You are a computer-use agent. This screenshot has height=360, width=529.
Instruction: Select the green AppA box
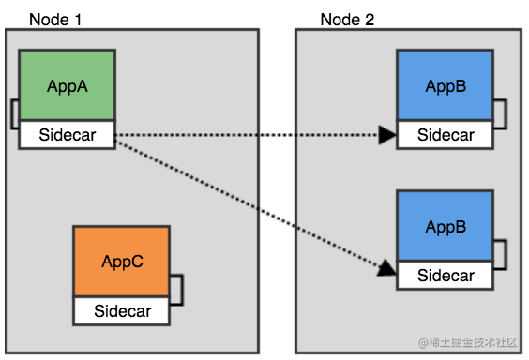[67, 85]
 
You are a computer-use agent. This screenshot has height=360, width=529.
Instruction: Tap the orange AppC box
[122, 262]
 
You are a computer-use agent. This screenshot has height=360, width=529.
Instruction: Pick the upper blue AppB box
[445, 86]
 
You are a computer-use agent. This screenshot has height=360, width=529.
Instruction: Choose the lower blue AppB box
[445, 227]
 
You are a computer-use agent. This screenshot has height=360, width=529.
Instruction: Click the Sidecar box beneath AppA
[67, 135]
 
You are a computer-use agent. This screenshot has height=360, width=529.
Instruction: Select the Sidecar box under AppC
[122, 310]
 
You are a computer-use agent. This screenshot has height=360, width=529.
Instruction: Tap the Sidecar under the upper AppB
[445, 135]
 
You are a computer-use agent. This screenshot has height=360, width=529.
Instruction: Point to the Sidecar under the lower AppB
[445, 276]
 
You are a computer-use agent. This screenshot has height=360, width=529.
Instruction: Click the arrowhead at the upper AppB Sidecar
[387, 135]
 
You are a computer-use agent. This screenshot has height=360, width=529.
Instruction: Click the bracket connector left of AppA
[13, 113]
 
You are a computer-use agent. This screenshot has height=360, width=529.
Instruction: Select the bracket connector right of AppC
[176, 289]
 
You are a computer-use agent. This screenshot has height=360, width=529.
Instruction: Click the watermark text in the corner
[469, 343]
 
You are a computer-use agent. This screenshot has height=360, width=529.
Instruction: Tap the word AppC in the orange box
[122, 262]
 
